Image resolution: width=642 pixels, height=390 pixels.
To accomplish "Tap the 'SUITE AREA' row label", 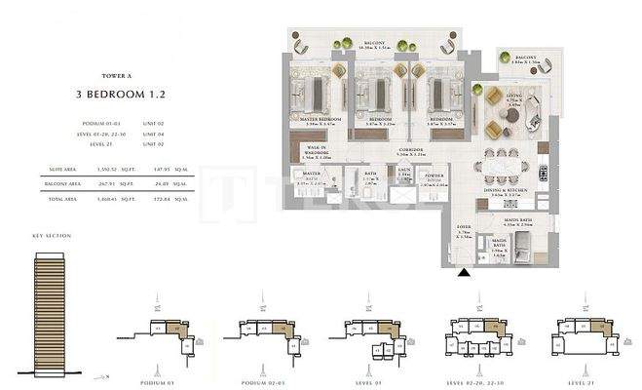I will (60, 169).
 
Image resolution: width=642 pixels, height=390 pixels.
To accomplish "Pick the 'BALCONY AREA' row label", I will (63, 181).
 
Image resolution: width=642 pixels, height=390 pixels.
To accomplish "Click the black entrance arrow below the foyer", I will (465, 275).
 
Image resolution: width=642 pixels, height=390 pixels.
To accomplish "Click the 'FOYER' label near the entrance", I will (463, 231).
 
